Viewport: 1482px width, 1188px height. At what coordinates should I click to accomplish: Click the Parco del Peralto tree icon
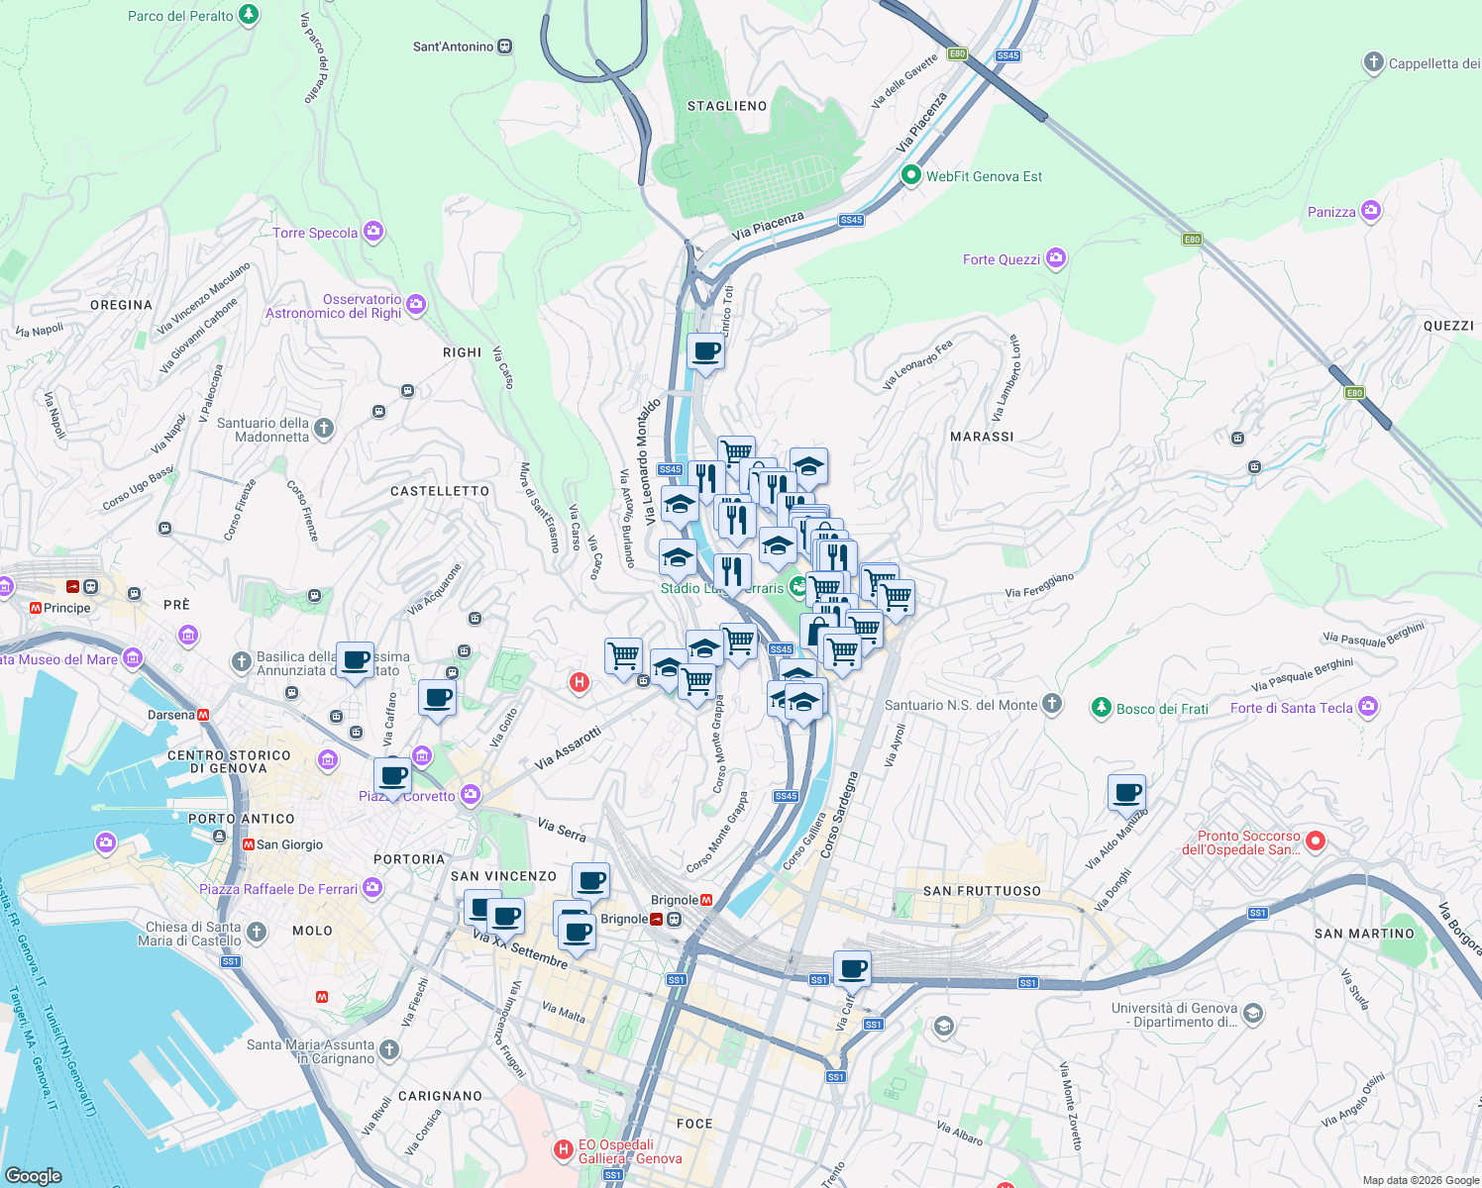249,15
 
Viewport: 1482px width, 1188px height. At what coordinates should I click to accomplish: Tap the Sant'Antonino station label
453,47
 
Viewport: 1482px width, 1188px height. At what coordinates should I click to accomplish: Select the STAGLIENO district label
727,106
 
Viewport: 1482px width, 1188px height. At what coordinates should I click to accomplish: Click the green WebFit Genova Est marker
910,175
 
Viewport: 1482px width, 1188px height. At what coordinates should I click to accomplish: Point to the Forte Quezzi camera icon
1056,258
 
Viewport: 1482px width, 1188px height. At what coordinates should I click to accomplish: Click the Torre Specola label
315,233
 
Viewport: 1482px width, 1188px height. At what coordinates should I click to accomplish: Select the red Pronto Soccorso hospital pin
1315,841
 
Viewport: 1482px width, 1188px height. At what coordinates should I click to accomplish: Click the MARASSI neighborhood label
982,437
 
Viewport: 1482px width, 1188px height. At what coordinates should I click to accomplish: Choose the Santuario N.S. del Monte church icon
1052,704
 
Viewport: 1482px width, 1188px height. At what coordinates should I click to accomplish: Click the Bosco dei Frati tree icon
1101,707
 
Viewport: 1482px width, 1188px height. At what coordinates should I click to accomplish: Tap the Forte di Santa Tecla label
1291,708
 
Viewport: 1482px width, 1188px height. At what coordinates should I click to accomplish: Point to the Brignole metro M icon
707,900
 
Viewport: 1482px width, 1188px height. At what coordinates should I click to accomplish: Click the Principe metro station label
66,608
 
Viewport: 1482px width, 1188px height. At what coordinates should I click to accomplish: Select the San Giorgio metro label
289,844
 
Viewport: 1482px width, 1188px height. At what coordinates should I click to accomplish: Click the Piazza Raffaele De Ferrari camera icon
371,887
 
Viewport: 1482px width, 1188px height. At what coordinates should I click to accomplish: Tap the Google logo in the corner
34,1175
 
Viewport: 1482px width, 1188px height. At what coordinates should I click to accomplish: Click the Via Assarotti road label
568,749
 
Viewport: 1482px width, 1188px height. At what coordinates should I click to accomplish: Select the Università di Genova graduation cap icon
1252,1013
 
